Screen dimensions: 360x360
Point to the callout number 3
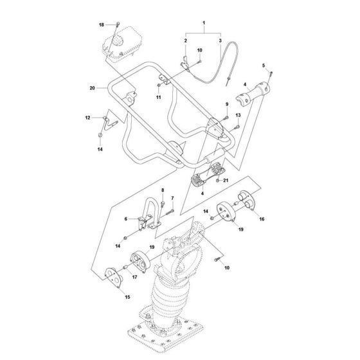220,41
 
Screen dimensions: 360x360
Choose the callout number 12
88,118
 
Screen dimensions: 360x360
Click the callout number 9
226,104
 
